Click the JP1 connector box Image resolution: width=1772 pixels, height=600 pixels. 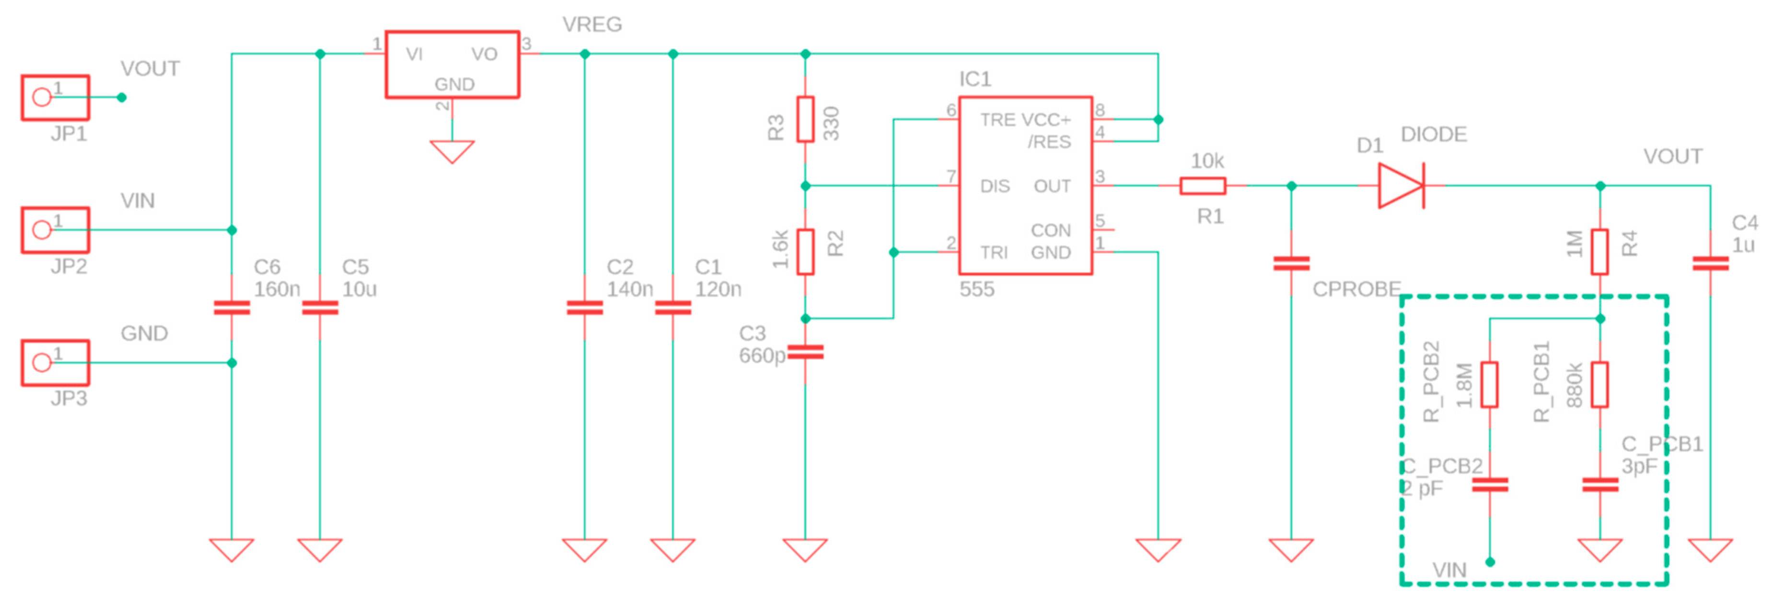pyautogui.click(x=55, y=98)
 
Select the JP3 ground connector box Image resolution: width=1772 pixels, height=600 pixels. pyautogui.click(x=55, y=363)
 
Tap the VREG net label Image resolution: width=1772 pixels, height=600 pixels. pyautogui.click(x=591, y=25)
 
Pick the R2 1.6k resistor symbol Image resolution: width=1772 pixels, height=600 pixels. pyautogui.click(x=806, y=252)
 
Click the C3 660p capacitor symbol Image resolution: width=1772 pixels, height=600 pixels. pyautogui.click(x=806, y=353)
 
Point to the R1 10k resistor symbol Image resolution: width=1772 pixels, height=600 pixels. pyautogui.click(x=1203, y=186)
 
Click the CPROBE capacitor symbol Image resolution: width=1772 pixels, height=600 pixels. pyautogui.click(x=1291, y=263)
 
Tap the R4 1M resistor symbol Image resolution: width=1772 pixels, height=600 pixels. pyautogui.click(x=1600, y=252)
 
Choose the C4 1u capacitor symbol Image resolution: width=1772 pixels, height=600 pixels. pyautogui.click(x=1710, y=263)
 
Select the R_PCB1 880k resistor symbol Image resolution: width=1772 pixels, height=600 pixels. pyautogui.click(x=1600, y=385)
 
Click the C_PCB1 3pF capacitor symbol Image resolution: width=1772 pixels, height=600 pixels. pyautogui.click(x=1600, y=485)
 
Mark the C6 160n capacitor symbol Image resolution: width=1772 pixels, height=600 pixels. pyautogui.click(x=232, y=307)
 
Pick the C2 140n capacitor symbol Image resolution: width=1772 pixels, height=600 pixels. pyautogui.click(x=585, y=307)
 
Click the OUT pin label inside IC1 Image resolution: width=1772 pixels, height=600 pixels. pyautogui.click(x=1052, y=187)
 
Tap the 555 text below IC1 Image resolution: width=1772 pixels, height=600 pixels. pyautogui.click(x=977, y=289)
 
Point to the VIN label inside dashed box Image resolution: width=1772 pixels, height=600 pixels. pyautogui.click(x=1449, y=570)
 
